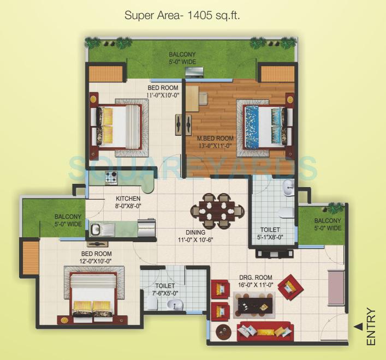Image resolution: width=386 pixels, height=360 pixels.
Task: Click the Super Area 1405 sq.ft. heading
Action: point(182,15)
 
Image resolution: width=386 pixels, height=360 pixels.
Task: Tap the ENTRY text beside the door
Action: point(371,327)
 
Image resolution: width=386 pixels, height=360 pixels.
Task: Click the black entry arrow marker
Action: point(358,326)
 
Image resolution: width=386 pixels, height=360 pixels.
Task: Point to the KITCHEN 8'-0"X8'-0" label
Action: point(128,202)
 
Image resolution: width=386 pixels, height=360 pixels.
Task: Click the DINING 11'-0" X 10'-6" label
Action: point(191,236)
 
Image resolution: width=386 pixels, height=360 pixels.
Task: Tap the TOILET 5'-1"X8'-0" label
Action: point(270,233)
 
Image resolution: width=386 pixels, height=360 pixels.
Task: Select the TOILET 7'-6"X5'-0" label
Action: point(165,289)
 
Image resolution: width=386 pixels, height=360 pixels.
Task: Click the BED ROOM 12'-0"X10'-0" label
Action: point(97,257)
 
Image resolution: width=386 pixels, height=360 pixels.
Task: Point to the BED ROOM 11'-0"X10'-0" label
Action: point(163,91)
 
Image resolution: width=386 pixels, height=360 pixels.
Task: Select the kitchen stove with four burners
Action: point(111,177)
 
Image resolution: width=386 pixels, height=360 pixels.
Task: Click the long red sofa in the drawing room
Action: point(265,331)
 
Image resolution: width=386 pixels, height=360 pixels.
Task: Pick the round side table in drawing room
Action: point(223,331)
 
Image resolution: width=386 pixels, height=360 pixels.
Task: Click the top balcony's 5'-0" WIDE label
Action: point(182,62)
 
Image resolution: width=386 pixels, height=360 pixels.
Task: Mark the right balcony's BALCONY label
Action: point(328,220)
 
